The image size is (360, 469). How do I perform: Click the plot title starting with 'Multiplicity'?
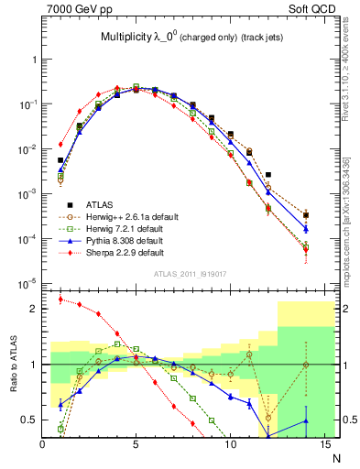pyautogui.click(x=189, y=38)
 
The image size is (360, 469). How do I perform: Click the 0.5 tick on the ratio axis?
pyautogui.click(x=30, y=420)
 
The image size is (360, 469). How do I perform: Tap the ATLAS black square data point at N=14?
pyautogui.click(x=306, y=215)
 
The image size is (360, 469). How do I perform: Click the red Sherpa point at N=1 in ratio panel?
pyautogui.click(x=60, y=299)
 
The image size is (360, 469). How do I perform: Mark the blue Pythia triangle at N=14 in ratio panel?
pyautogui.click(x=306, y=420)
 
